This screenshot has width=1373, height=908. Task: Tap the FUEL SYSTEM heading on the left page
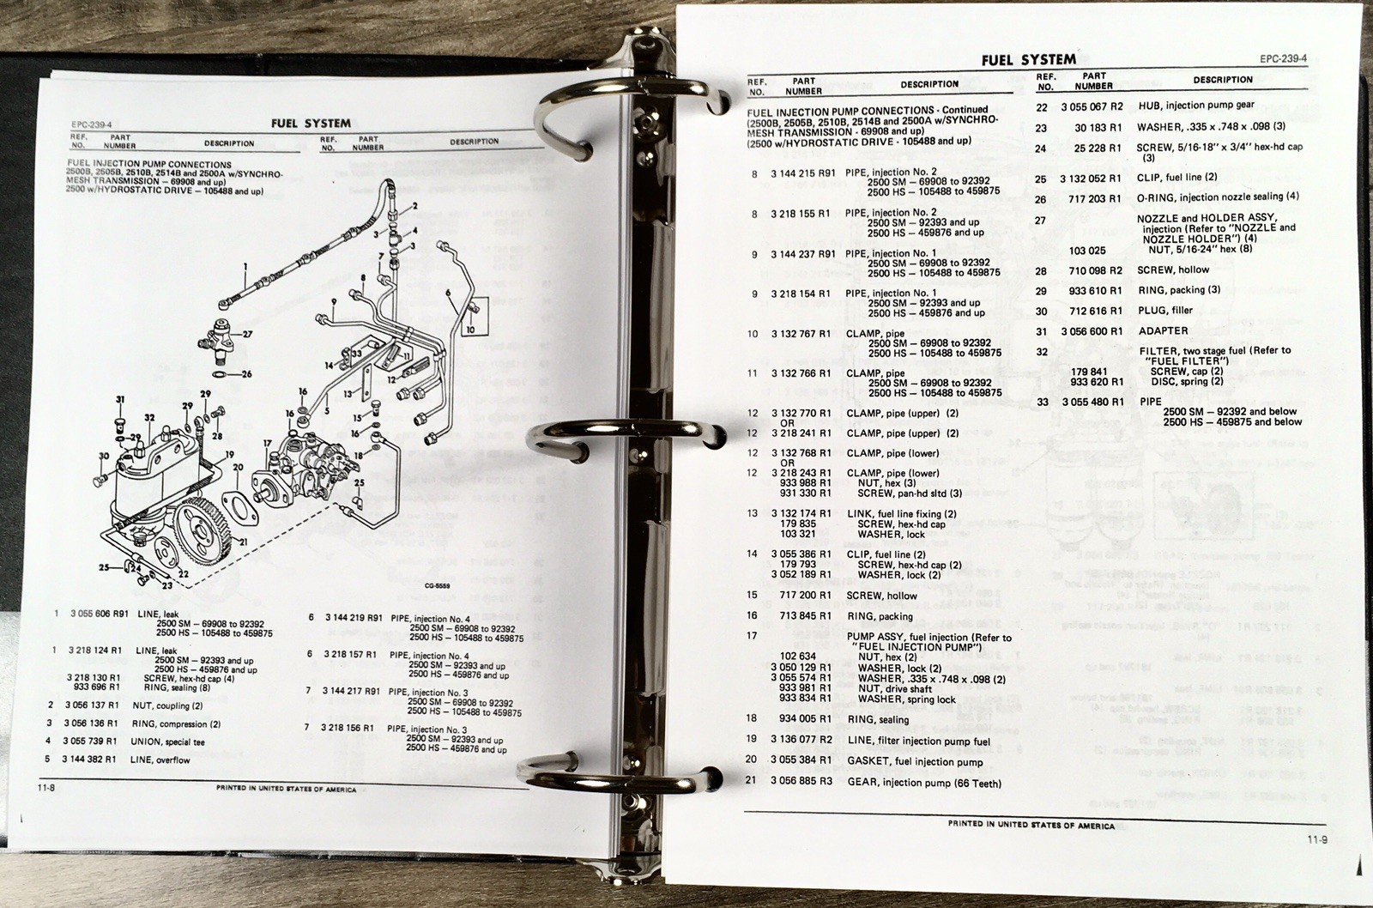click(311, 123)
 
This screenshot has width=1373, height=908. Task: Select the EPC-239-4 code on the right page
click(1284, 59)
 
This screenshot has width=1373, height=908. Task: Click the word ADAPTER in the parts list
click(1163, 330)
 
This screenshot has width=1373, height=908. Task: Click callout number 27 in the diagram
click(248, 335)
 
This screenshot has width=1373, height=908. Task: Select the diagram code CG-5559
click(439, 587)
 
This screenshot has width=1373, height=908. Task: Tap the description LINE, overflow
click(160, 760)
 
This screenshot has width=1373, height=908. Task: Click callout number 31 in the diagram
click(120, 400)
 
